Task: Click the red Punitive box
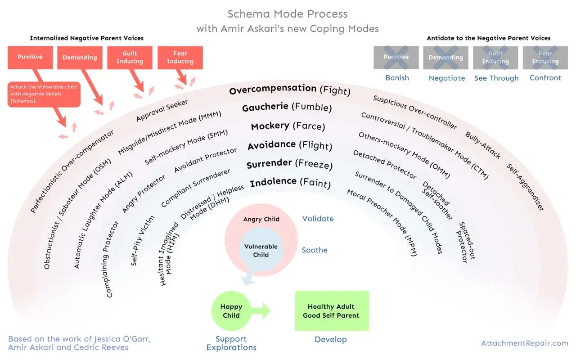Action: pyautogui.click(x=30, y=58)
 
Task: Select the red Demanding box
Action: pyautogui.click(x=80, y=58)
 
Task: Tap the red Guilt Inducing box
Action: pyautogui.click(x=130, y=58)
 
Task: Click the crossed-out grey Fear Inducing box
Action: pyautogui.click(x=545, y=58)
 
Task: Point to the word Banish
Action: pyautogui.click(x=397, y=78)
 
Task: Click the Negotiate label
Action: pyautogui.click(x=447, y=78)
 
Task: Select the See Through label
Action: pyautogui.click(x=496, y=78)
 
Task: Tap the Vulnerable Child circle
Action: pyautogui.click(x=261, y=249)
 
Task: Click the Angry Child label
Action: pyautogui.click(x=261, y=219)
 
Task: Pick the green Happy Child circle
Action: pyautogui.click(x=231, y=310)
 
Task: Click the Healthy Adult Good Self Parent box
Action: pyautogui.click(x=332, y=310)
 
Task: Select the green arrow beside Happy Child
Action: pyautogui.click(x=261, y=310)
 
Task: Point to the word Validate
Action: pyautogui.click(x=318, y=219)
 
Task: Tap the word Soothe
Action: pyautogui.click(x=315, y=250)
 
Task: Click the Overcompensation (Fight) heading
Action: pyautogui.click(x=289, y=90)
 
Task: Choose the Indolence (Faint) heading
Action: pyautogui.click(x=290, y=182)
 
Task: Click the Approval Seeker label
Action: pyautogui.click(x=162, y=110)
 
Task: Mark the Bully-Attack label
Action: pyautogui.click(x=483, y=145)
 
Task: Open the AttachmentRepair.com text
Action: pyautogui.click(x=525, y=343)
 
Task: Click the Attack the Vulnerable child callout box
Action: pyautogui.click(x=44, y=94)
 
